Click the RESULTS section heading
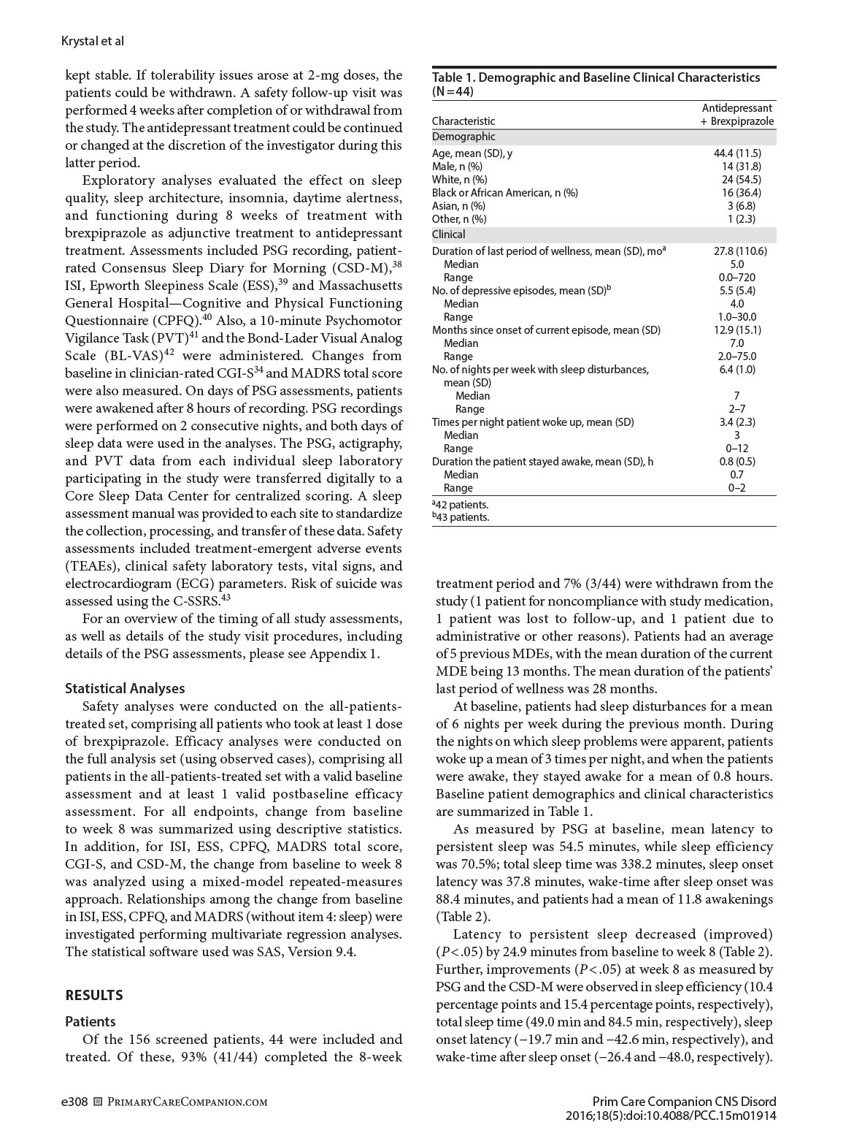click(x=94, y=995)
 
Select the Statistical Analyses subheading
click(x=125, y=688)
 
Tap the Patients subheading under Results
click(x=91, y=1021)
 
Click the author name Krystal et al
click(x=93, y=41)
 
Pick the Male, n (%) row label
click(x=457, y=166)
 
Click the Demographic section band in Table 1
click(x=463, y=137)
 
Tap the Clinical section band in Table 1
click(x=449, y=234)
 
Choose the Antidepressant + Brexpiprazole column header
click(x=737, y=115)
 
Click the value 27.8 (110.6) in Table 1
click(x=739, y=251)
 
